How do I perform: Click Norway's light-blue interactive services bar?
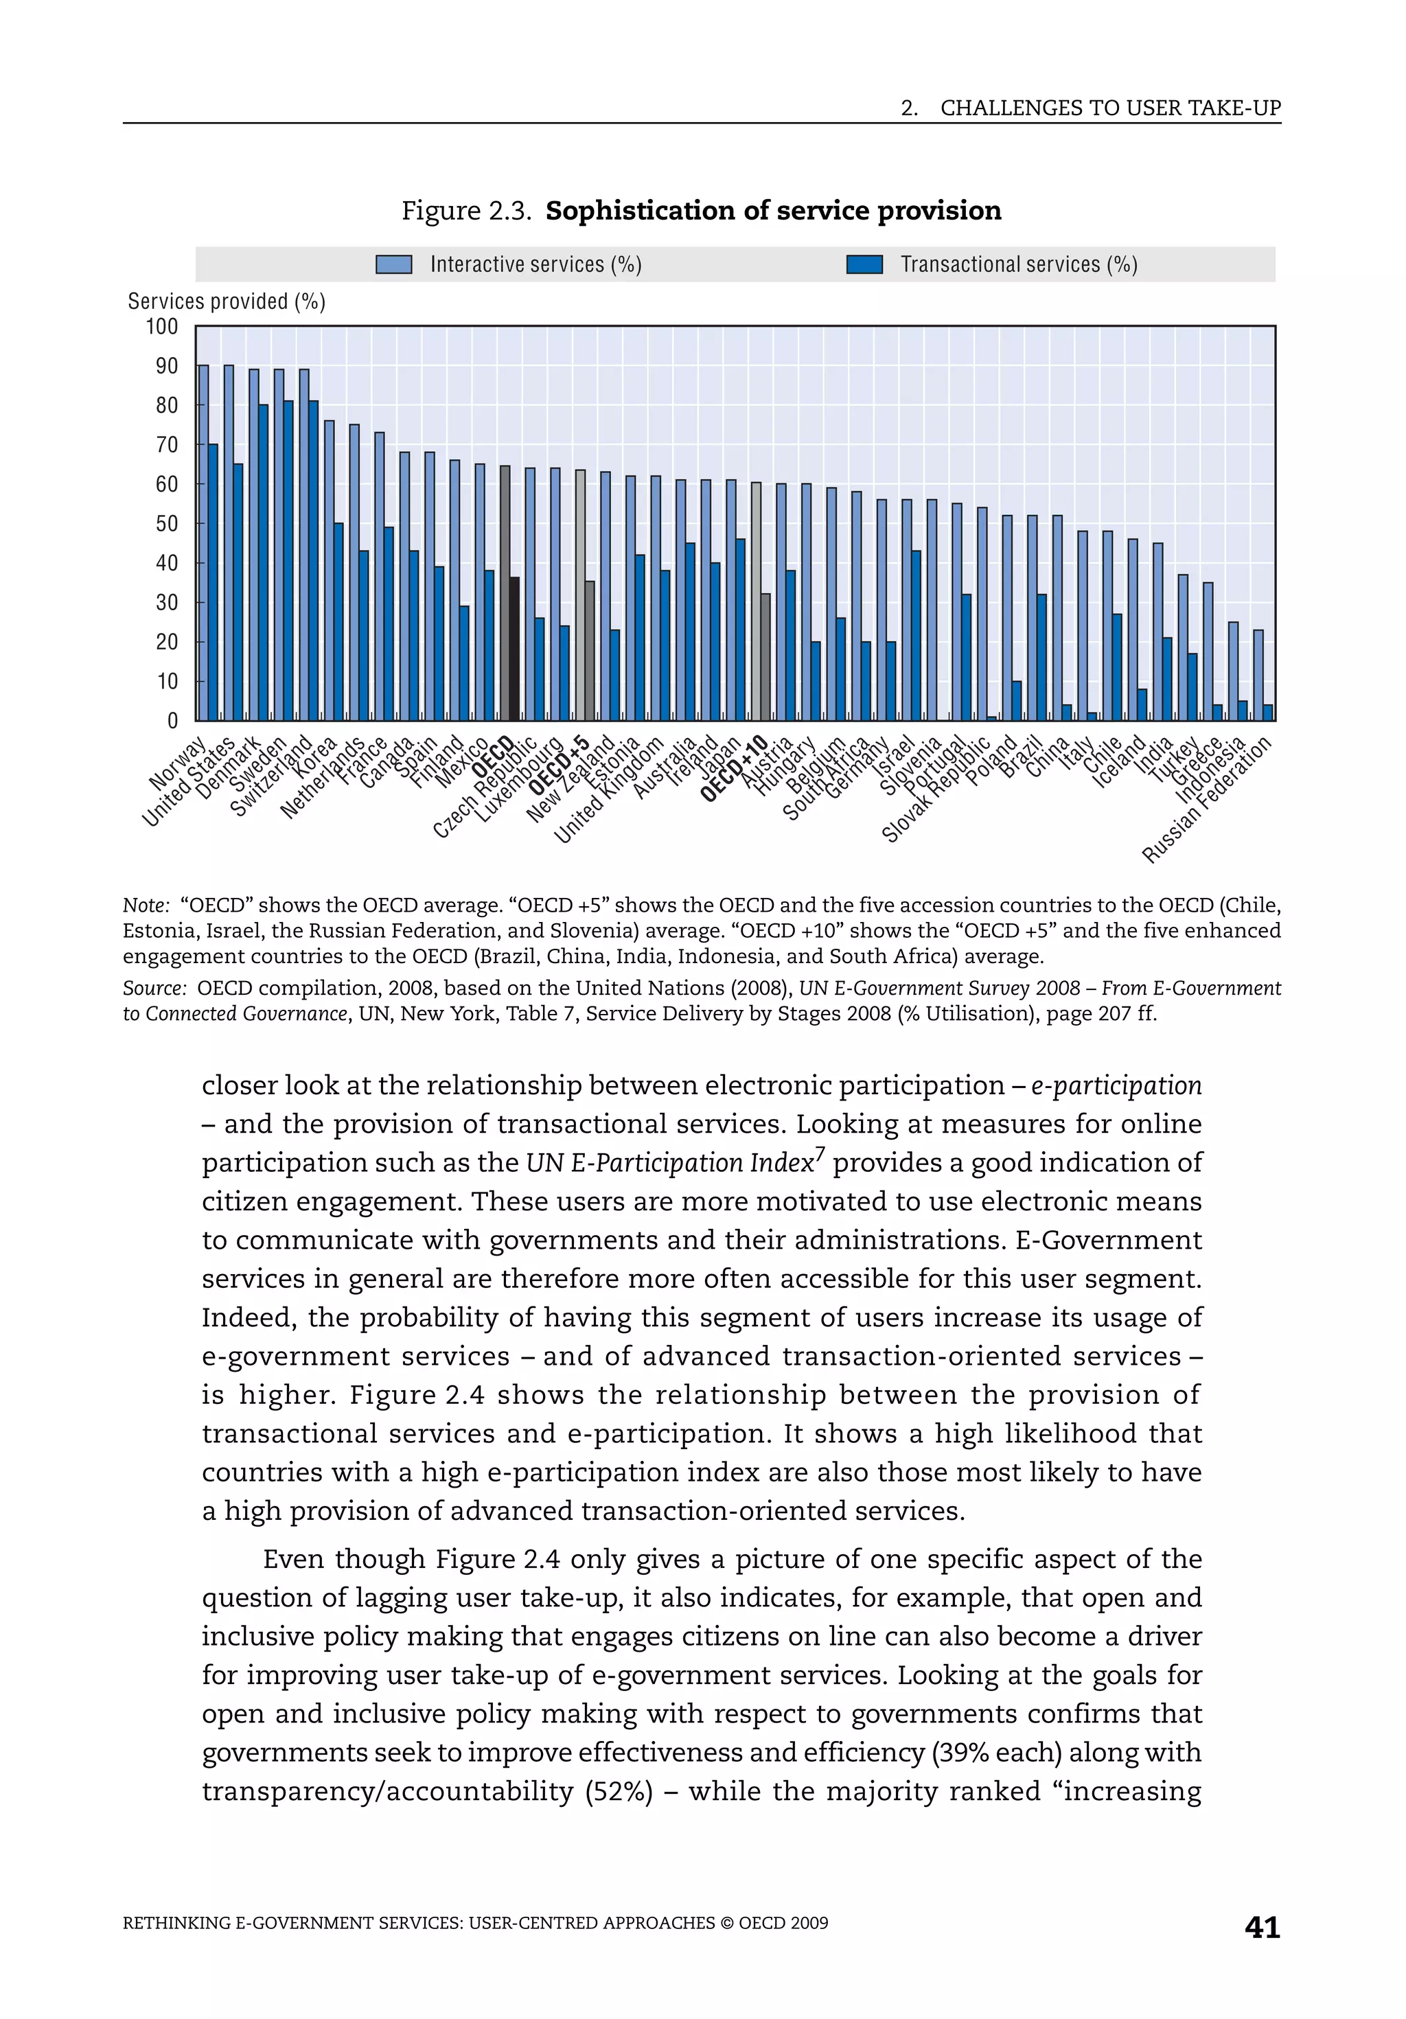click(203, 542)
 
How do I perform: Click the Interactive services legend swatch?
click(393, 265)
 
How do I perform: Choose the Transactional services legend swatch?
click(864, 265)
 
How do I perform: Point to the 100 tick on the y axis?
click(162, 327)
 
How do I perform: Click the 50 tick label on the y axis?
click(166, 524)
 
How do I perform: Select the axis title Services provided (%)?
click(226, 301)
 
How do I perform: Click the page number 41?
click(1262, 1928)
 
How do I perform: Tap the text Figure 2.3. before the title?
click(466, 211)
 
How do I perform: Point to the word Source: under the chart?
click(154, 989)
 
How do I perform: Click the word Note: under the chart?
click(145, 905)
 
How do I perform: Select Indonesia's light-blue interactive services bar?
click(1233, 671)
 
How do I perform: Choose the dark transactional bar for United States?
click(238, 592)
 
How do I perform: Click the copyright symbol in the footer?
click(726, 1923)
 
